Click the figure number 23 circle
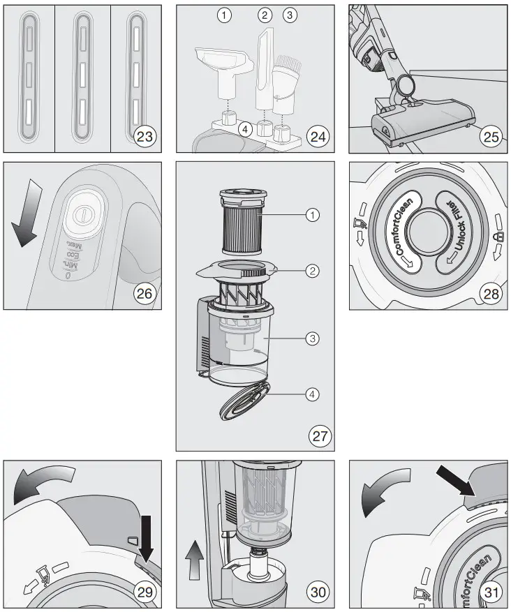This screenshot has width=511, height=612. coord(145,136)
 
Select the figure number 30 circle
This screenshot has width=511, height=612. coord(319,592)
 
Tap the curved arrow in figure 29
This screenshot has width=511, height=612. coord(43,484)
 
